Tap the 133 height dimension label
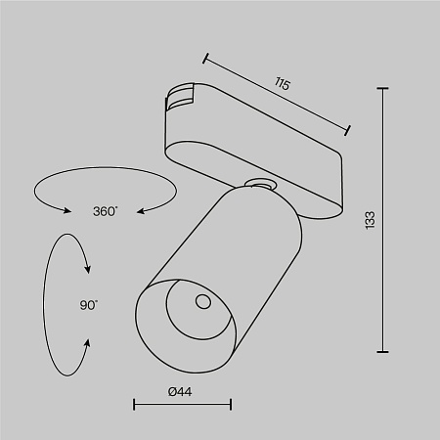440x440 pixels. point(396,221)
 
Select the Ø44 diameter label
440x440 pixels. point(182,391)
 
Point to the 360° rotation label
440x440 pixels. point(105,211)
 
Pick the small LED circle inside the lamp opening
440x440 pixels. point(202,301)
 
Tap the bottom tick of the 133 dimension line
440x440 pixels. point(382,351)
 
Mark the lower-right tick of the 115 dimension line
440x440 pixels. point(350,128)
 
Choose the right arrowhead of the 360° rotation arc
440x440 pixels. point(138,209)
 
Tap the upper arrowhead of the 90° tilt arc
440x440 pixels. point(89,270)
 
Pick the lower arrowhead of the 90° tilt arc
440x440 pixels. point(89,343)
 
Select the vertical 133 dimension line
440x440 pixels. point(382,221)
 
